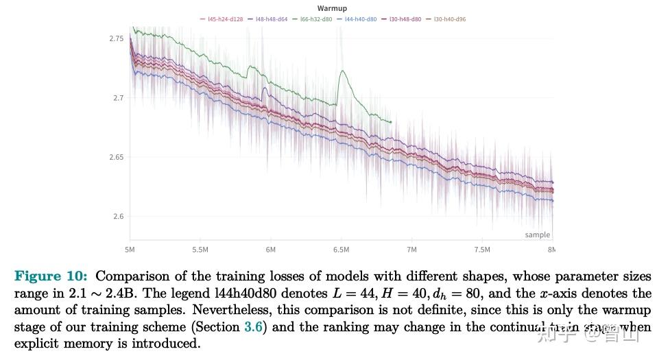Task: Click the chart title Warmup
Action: pos(332,8)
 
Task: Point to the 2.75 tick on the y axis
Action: pos(117,38)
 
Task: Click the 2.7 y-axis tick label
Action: pos(119,98)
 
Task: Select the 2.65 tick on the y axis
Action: pos(117,157)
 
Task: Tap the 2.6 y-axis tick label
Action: pos(119,217)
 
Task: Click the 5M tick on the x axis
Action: pos(130,250)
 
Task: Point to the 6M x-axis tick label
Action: pos(271,250)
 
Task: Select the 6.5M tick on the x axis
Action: pos(341,250)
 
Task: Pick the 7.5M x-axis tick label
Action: pos(482,250)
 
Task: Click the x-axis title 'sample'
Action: pos(537,235)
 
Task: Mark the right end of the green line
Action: pos(391,122)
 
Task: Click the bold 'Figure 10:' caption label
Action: pos(51,276)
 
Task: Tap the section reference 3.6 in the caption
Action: pos(252,327)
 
